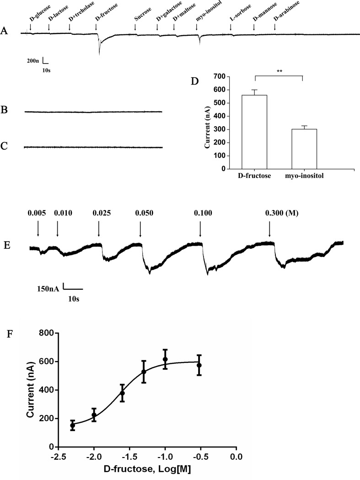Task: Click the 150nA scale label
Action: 48,289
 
